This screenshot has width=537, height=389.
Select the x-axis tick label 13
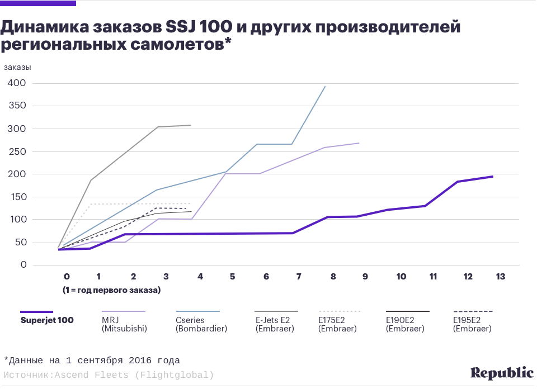coord(501,277)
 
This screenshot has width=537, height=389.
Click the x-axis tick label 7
coord(299,277)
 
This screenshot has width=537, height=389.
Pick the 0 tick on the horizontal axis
coord(67,277)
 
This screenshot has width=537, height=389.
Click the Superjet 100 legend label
coord(47,321)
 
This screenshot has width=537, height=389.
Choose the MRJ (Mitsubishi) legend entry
coord(124,325)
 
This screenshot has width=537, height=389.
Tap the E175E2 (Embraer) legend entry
coord(337,325)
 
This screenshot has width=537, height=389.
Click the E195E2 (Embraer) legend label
coord(472,325)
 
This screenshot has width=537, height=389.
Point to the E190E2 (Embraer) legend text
coord(405,325)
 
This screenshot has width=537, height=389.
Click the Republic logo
coord(502,373)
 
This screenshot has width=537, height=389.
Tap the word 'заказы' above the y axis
coord(18,67)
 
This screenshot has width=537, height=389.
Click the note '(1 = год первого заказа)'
coord(112,290)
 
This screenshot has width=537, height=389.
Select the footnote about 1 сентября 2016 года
coord(92,360)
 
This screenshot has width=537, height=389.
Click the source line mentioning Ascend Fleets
coord(109,375)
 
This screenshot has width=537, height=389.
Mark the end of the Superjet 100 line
coord(492,177)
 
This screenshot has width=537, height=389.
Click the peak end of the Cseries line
coord(325,87)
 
